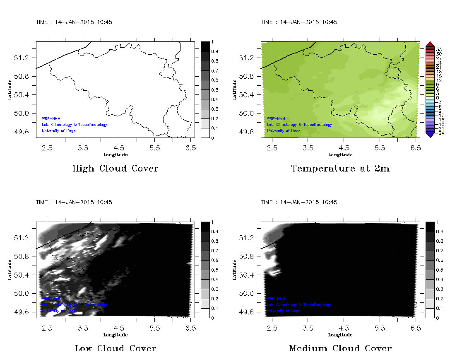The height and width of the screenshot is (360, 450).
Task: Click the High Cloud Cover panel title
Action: point(115,169)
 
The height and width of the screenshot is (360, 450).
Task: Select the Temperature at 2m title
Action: point(340,169)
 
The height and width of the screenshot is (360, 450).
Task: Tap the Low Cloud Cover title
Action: point(115,348)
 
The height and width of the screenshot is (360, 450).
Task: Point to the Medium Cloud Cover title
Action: point(340,348)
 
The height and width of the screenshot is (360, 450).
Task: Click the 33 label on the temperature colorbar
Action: point(439,49)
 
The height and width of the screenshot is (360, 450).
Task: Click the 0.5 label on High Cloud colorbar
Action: point(216,89)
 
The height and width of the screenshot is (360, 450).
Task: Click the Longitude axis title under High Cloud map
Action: point(115,155)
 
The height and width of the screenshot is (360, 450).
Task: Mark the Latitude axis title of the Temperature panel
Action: point(234,89)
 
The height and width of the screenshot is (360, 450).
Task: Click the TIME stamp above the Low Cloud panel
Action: point(74,202)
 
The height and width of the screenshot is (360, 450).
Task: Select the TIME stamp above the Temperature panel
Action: point(299,22)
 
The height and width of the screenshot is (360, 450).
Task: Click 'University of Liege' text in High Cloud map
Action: point(59,131)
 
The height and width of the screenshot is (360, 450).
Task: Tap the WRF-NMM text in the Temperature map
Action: point(276,118)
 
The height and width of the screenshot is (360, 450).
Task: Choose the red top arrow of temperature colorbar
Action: point(429,44)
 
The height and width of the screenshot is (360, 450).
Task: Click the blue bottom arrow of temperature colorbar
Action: point(429,134)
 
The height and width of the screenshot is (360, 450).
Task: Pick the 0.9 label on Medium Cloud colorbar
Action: point(440,232)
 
